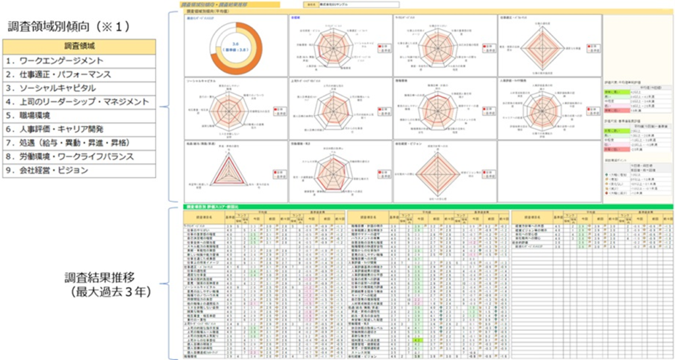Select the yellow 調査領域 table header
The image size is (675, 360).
(x=79, y=47)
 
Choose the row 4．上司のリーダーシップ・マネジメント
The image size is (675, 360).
(x=78, y=102)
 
